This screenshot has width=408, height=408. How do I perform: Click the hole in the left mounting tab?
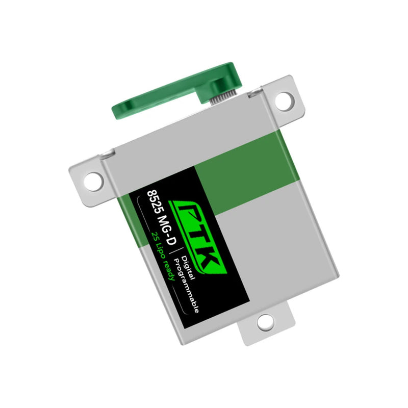93,180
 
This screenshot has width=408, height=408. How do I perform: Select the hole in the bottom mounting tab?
265,322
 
